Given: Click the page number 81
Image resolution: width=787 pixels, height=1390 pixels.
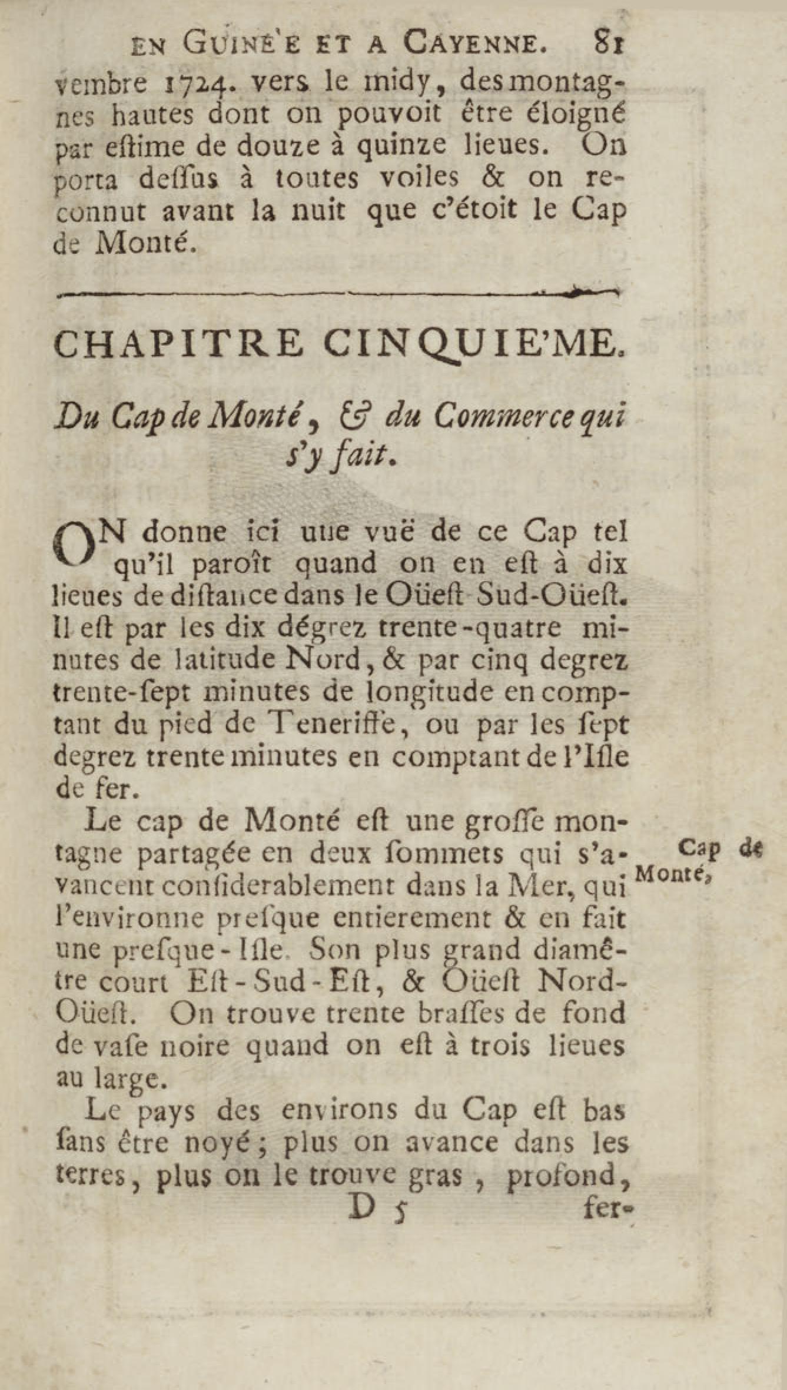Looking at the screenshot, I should click(x=609, y=42).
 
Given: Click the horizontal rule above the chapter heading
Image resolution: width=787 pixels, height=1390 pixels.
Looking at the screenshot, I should click(x=336, y=290).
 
